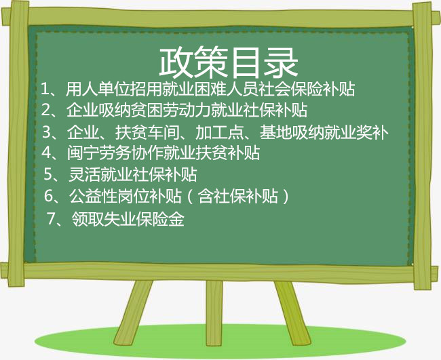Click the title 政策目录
(229, 62)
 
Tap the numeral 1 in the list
(45, 89)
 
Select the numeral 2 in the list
(46, 110)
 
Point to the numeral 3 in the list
(47, 132)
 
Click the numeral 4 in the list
(47, 153)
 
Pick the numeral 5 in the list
(48, 174)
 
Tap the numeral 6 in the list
(49, 195)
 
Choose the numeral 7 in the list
(52, 218)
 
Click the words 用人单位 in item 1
(98, 89)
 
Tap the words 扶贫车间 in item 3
(147, 132)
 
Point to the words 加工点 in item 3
(219, 132)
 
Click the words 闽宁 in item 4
(83, 153)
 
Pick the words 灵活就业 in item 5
(100, 174)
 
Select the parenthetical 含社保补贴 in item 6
(238, 196)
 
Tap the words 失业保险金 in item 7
(145, 218)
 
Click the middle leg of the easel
(214, 313)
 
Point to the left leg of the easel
(133, 313)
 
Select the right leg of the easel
(292, 313)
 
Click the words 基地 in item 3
(275, 132)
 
